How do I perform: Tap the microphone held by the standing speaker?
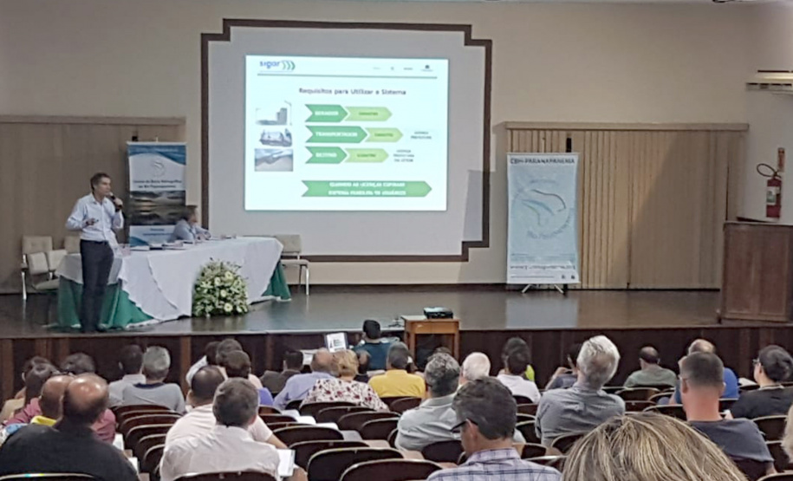pyautogui.click(x=114, y=201)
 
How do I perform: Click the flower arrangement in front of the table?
pyautogui.click(x=219, y=289)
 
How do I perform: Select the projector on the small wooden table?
pyautogui.click(x=439, y=312)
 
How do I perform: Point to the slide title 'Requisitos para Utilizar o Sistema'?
pyautogui.click(x=353, y=91)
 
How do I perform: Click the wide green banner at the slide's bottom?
pyautogui.click(x=366, y=188)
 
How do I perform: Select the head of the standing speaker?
pyautogui.click(x=100, y=184)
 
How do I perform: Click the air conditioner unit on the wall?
pyautogui.click(x=770, y=81)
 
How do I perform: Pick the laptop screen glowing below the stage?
pyautogui.click(x=335, y=341)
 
